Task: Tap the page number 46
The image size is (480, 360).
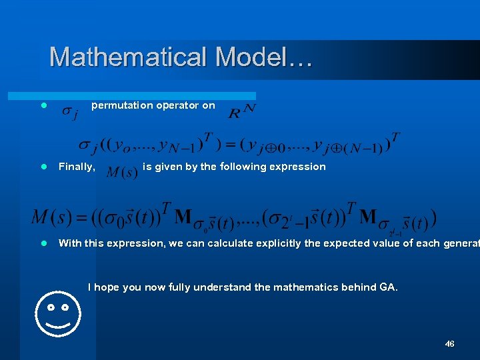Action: tap(449, 344)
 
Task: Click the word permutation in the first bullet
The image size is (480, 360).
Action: tap(120, 105)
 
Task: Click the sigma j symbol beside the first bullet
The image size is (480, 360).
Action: tap(69, 111)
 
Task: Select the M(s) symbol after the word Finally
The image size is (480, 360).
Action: tap(122, 173)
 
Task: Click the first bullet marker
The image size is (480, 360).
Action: tap(43, 105)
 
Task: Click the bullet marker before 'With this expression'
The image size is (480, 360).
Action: tap(43, 243)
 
